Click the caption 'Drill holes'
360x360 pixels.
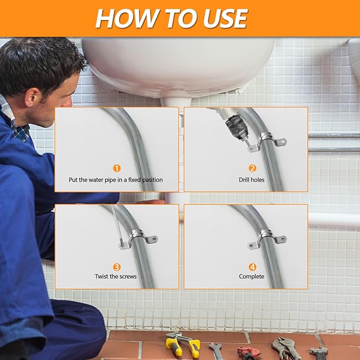click(x=252, y=180)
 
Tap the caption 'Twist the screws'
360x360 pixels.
click(x=116, y=277)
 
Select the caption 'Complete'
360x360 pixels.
click(x=252, y=277)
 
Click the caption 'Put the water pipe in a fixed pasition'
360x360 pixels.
click(x=116, y=180)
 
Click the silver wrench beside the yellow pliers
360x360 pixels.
click(x=216, y=350)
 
